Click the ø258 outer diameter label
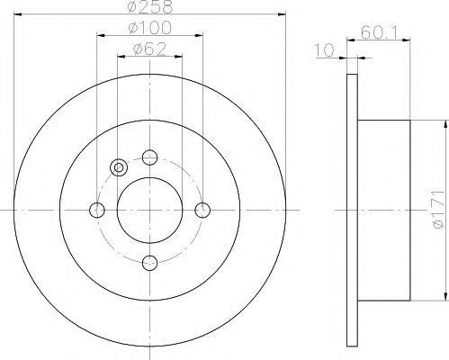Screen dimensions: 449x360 pyautogui.click(x=149, y=6)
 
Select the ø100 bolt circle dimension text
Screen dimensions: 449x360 pyautogui.click(x=149, y=28)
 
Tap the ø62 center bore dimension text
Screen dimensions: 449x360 pyautogui.click(x=149, y=49)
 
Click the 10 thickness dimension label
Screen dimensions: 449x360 pyautogui.click(x=324, y=50)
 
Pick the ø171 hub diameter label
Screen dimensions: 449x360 pyautogui.click(x=438, y=210)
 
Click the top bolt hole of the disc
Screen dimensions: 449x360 pyautogui.click(x=149, y=157)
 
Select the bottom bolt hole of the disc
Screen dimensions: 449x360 pyautogui.click(x=149, y=263)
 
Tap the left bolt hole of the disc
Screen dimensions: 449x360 pyautogui.click(x=97, y=210)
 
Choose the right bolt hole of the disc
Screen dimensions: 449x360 pyautogui.click(x=202, y=210)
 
